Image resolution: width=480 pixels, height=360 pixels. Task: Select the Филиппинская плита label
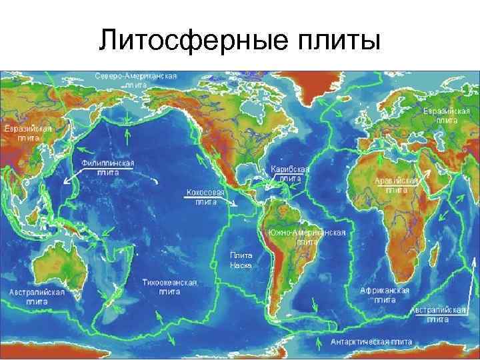[x=107, y=167]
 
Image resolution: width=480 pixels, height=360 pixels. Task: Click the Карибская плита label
[x=290, y=174]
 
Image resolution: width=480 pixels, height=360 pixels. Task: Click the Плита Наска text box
[x=241, y=259]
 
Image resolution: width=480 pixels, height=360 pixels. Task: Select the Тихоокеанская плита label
[x=170, y=287]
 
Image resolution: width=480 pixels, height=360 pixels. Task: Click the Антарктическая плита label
[x=371, y=342]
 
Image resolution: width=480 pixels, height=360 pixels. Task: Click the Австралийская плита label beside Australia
[x=37, y=297]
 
